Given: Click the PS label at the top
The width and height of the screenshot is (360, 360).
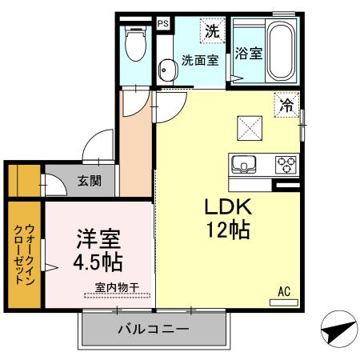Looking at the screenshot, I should pos(162,24).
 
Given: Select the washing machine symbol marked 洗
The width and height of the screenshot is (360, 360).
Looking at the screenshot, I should pos(211,32).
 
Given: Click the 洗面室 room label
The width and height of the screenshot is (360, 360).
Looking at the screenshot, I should pos(199,60).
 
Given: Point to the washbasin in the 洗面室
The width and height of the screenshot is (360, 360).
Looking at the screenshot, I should pos(166,70).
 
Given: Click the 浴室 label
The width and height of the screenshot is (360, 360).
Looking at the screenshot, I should pos(249,54).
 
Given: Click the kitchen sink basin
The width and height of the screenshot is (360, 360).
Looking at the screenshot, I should pos(242,166).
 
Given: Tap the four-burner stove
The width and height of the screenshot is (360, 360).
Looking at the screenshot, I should pos(286,166).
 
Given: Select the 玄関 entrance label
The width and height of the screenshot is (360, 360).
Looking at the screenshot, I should pos(90,181).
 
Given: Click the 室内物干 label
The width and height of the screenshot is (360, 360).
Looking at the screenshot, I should pos(117,287).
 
